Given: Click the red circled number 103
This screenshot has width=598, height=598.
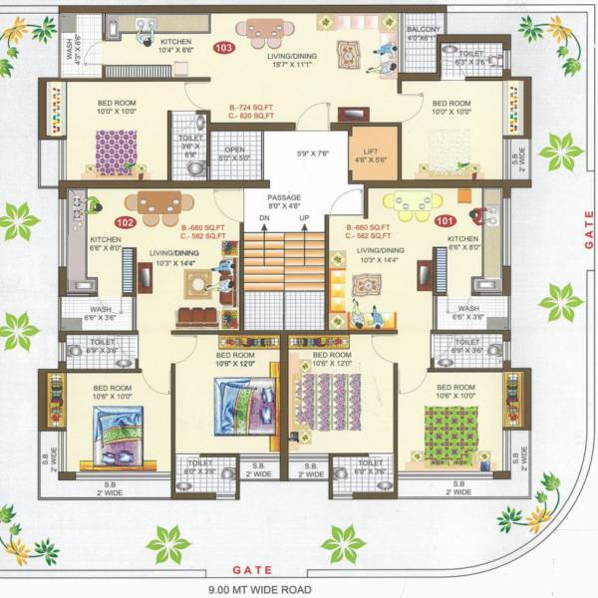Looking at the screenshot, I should coord(222,47).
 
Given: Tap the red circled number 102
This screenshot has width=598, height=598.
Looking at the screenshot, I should coord(126,222).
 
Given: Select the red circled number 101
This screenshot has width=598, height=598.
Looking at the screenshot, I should coord(445,222).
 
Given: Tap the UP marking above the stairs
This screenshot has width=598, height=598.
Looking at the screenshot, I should coord(304,218).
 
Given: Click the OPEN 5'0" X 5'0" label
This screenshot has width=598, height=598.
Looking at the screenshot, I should coord(234,153).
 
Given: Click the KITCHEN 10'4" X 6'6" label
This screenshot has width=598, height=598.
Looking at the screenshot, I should coord(154,46).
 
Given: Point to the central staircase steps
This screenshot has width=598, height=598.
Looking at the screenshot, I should coord(285,269).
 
